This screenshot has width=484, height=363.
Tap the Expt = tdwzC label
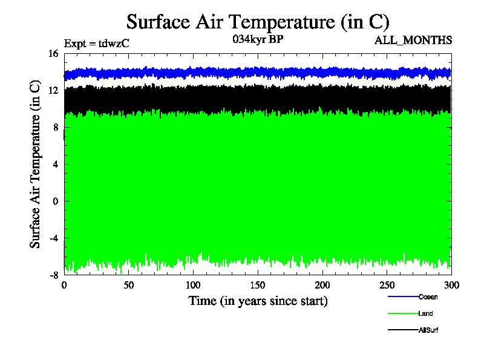point(97,44)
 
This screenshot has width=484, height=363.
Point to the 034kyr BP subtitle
point(258,40)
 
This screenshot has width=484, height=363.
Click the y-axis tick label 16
point(53,54)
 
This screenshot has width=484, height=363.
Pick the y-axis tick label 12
point(53,91)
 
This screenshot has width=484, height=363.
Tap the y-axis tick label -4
point(53,238)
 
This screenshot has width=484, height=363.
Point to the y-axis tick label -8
point(53,275)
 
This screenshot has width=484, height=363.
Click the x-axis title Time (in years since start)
point(258,301)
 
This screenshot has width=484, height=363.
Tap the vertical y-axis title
point(36,164)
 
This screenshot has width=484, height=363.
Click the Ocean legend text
point(428,297)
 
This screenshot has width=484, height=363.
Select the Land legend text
point(425,313)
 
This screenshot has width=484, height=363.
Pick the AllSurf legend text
point(428,330)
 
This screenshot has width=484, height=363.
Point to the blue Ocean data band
point(258,73)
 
